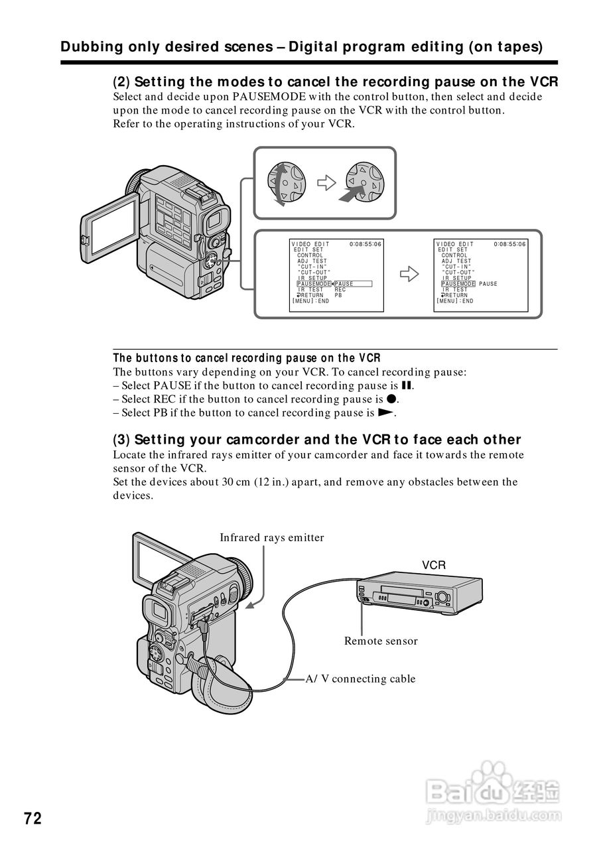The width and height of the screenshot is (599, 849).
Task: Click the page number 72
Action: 33,818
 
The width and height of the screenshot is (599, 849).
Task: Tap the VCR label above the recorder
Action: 434,565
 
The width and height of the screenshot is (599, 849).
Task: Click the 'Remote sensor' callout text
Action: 381,641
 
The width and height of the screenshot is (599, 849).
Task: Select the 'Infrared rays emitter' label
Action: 272,538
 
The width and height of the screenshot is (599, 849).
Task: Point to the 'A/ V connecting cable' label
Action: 360,679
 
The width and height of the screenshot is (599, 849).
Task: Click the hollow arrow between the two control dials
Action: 326,183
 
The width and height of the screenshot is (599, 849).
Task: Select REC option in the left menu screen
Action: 340,290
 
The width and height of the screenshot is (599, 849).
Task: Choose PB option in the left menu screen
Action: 338,296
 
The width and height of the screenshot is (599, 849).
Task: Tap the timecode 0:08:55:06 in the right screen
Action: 509,244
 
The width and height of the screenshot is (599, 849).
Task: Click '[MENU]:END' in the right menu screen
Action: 455,301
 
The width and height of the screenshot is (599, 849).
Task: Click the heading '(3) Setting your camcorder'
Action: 317,440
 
